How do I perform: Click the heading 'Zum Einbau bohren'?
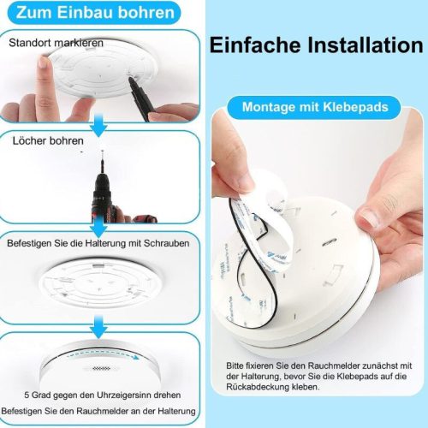tap(95, 13)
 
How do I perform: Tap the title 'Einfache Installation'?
tap(316, 45)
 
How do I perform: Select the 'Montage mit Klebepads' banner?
tap(315, 107)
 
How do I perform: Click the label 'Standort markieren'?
tap(56, 43)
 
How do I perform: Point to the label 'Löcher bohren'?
tap(48, 140)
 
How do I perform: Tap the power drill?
tap(114, 197)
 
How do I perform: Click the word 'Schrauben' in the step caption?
tap(166, 243)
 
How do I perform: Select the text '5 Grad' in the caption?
tap(38, 395)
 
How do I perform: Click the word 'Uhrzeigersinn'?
tap(124, 395)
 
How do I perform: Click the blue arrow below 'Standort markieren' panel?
tap(98, 125)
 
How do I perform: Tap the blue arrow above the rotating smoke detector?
tap(98, 327)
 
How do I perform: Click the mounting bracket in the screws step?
tap(100, 283)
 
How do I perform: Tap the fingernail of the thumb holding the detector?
tap(369, 217)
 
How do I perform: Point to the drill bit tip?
tap(103, 152)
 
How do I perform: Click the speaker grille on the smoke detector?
tap(101, 369)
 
